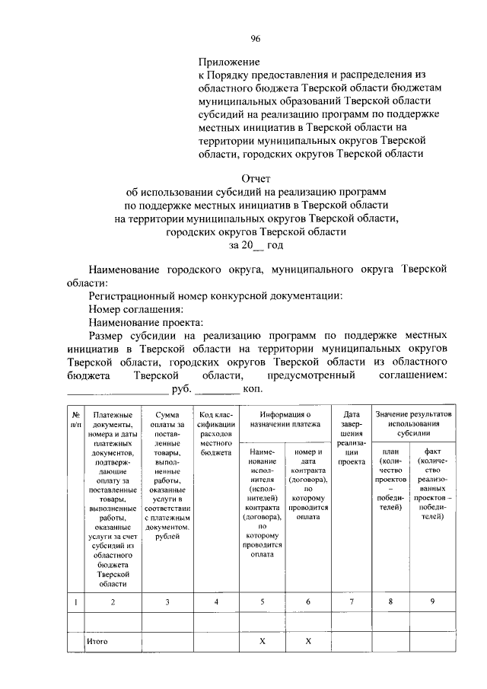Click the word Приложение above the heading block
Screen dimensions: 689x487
[x=229, y=60]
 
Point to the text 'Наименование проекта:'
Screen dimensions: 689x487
[x=145, y=323]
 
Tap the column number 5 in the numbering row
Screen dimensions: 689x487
[x=263, y=602]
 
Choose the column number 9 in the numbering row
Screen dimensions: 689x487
[x=432, y=602]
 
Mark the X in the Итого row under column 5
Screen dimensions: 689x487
[x=263, y=642]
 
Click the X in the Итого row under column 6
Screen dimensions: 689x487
[x=309, y=642]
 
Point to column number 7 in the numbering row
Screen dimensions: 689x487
[x=352, y=602]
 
